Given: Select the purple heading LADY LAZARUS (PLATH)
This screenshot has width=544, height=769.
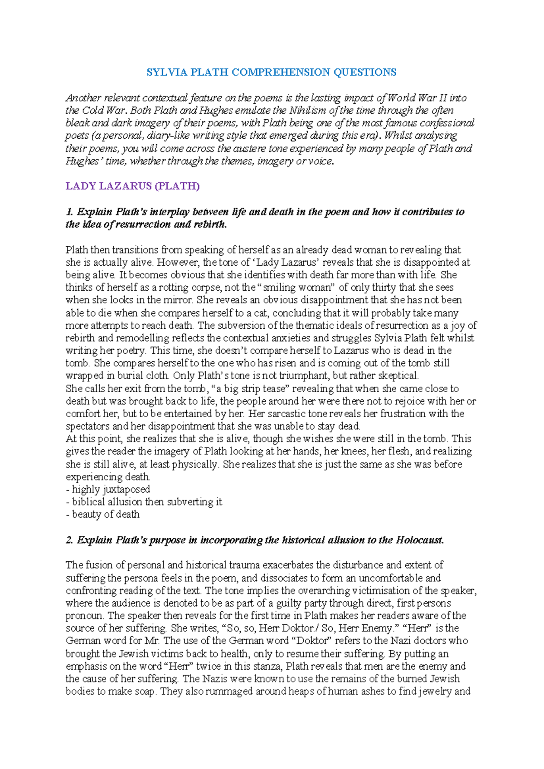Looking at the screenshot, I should pos(132,186).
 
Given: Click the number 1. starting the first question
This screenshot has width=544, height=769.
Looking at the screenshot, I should pos(69,212).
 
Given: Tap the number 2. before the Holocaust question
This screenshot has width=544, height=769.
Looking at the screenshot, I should pos(69,540).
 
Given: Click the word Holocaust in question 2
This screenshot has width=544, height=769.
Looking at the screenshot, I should pos(420,540).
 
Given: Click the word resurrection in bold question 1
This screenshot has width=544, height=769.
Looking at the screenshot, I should pos(144,224).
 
